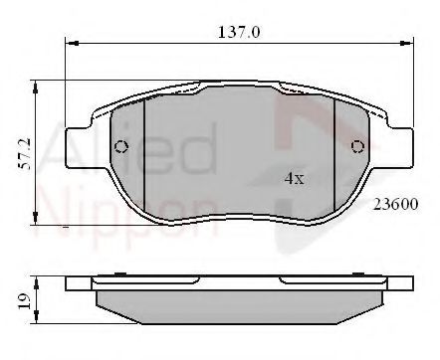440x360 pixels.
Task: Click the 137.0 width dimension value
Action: (x=239, y=31)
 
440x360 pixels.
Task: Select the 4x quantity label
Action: (x=292, y=180)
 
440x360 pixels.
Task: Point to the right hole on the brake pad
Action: (x=359, y=148)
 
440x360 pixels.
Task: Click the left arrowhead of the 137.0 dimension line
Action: (x=71, y=43)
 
